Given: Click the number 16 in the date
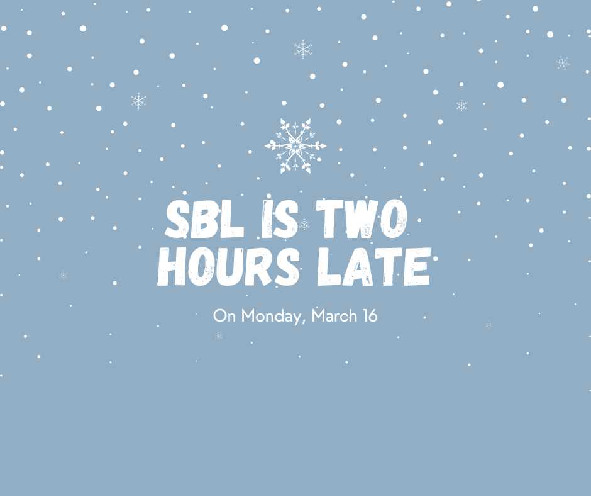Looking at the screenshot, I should click(370, 315).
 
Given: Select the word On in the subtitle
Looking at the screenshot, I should click(222, 315).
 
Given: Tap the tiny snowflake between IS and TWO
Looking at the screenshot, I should click(305, 224).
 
